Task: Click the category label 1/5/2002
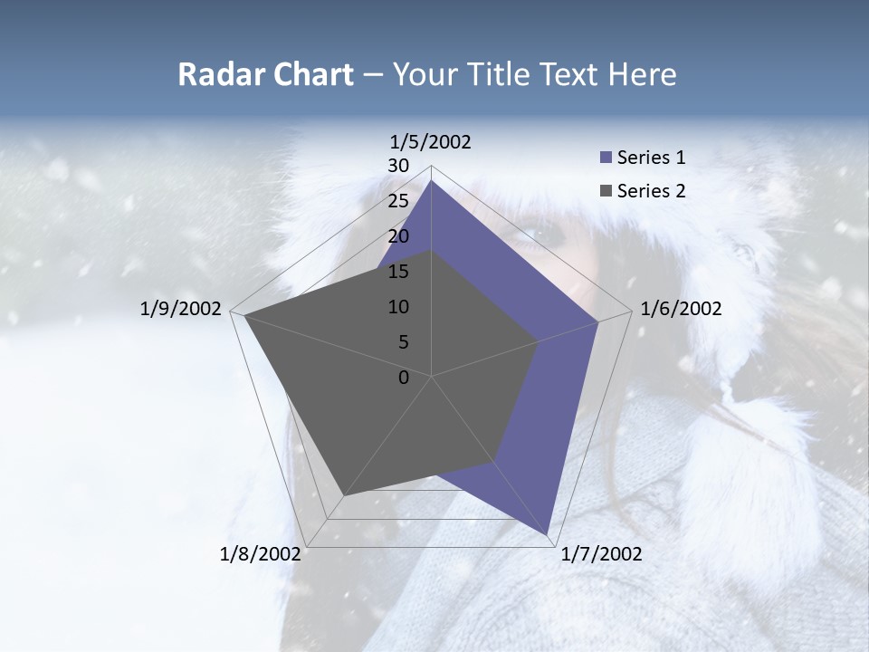point(431,141)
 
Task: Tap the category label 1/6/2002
point(681,309)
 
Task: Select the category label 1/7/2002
point(601,554)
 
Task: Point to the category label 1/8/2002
point(261,554)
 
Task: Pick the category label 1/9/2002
point(181,309)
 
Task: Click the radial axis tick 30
point(398,166)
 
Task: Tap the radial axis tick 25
point(398,201)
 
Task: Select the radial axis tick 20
point(398,236)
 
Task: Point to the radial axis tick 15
point(398,272)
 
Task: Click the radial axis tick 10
point(398,307)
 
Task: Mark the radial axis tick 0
point(404,378)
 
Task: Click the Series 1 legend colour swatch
point(606,158)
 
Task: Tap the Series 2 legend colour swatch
point(606,191)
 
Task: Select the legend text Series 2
point(651,191)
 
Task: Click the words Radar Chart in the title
point(265,74)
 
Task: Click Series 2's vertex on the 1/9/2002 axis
point(244,315)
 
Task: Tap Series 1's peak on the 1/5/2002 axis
point(432,180)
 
